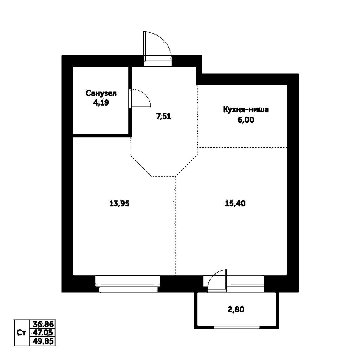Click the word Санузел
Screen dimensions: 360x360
[x=101, y=93]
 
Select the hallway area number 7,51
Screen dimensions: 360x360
[x=163, y=117]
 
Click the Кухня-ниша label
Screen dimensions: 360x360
[x=246, y=109]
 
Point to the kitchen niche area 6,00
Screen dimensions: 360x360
[x=246, y=120]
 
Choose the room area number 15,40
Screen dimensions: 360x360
[x=235, y=204]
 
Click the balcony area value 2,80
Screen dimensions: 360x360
[x=236, y=309]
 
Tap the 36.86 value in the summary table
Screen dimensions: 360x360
[x=43, y=324]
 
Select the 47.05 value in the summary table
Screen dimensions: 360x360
[x=43, y=332]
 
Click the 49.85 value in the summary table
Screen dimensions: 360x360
[x=43, y=341]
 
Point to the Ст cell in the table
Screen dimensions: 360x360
[x=21, y=333]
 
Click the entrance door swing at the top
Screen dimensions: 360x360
[x=158, y=45]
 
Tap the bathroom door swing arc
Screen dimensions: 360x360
[x=141, y=98]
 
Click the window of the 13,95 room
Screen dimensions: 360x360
[x=128, y=284]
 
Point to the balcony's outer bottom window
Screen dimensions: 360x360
[x=236, y=327]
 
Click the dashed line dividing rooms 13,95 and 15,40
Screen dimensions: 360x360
[x=175, y=225]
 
